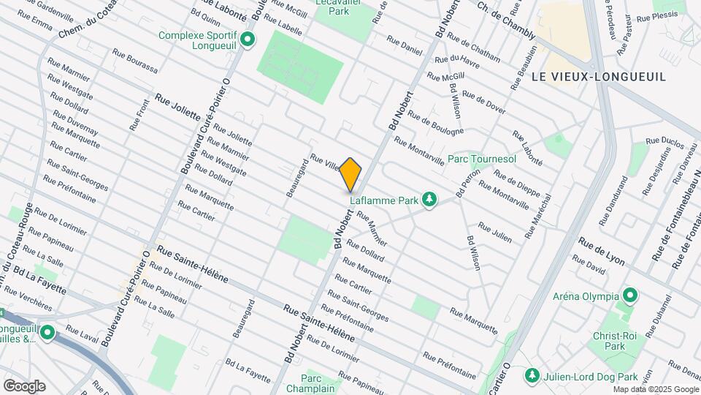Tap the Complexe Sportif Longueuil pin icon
248,39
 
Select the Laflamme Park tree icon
431,199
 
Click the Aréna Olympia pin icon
630,296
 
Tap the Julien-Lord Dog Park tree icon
532,375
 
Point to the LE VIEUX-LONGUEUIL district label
599,77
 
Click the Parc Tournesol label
481,159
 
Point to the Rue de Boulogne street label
435,122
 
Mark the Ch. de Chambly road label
503,15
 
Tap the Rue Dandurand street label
613,201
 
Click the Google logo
24,385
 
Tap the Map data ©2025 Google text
655,389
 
